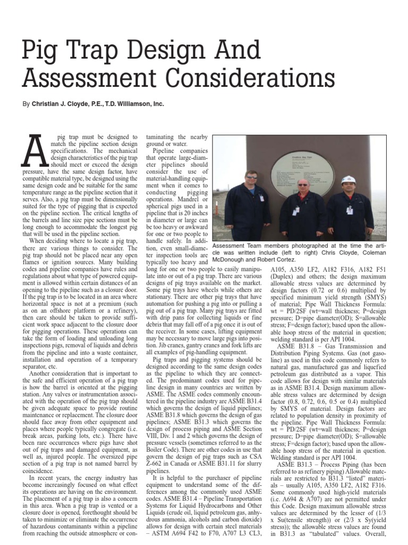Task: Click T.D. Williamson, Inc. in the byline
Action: [x=138, y=105]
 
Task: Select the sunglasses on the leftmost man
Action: [x=252, y=177]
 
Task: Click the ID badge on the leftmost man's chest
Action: [x=261, y=197]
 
